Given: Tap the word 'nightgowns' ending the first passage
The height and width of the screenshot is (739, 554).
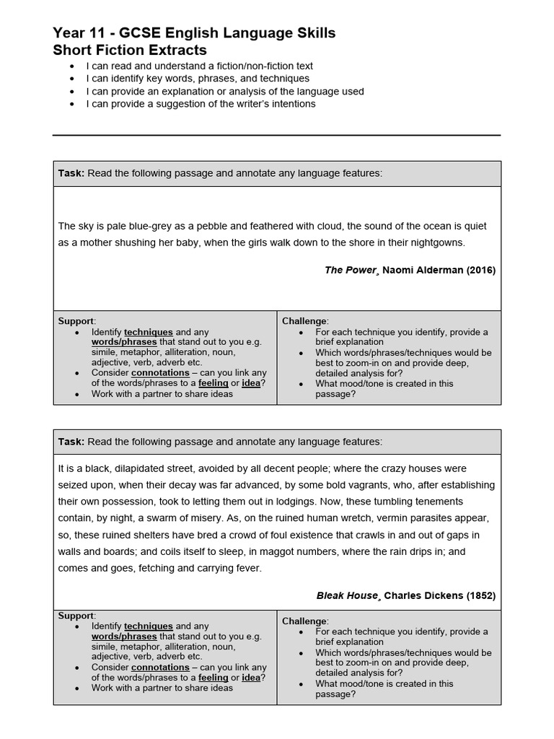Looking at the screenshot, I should point(439,242).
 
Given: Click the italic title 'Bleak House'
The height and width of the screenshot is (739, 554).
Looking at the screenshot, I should point(346,595).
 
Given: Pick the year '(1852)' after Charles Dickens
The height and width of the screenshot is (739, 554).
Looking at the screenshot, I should point(481,595).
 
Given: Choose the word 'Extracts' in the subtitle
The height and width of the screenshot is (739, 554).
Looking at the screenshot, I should point(180,51).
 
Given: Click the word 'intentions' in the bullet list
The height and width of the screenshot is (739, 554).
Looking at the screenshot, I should point(291,104).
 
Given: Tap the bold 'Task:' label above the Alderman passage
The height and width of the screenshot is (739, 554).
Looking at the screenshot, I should point(71,173).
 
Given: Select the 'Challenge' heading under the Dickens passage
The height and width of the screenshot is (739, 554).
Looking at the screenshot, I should point(304,621).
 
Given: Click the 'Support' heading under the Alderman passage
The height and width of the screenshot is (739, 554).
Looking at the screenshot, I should point(76,320).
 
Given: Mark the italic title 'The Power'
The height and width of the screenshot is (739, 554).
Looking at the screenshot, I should point(350,270).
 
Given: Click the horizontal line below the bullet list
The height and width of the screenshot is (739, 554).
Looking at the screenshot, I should point(276,135).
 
